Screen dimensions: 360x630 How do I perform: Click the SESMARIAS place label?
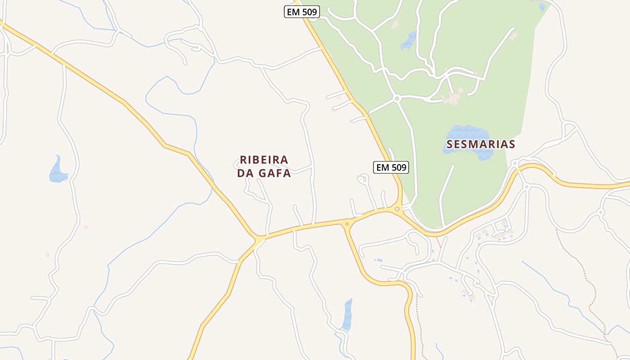[481, 144]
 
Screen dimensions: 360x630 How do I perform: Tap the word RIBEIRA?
[264, 160]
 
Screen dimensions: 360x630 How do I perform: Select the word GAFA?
[274, 173]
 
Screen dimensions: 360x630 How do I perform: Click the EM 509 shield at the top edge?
[301, 12]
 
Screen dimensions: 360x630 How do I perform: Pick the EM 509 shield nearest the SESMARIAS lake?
[391, 167]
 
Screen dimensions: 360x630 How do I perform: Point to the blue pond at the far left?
[58, 171]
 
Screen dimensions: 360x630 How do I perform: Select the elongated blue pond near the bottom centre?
[347, 315]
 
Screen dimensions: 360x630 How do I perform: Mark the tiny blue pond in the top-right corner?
[542, 7]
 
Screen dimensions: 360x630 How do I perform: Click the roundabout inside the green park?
[396, 98]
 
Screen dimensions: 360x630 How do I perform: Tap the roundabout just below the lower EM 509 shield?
[397, 208]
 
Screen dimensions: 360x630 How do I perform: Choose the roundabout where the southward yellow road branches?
[346, 224]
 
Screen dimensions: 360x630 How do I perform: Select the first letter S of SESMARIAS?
[450, 144]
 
